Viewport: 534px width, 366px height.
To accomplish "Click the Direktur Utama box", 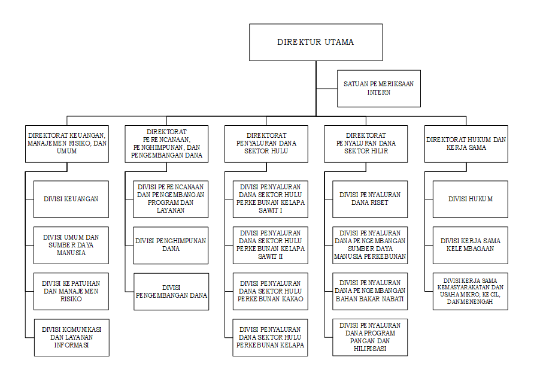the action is tap(315, 43).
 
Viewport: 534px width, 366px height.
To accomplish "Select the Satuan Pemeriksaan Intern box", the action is tap(379, 89).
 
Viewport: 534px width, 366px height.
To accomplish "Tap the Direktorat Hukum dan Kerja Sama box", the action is tap(466, 144).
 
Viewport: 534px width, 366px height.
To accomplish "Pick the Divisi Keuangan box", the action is tap(71, 199).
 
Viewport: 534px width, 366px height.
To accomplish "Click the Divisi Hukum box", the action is tap(471, 199).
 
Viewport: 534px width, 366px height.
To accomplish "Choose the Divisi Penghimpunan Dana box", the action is tap(171, 246).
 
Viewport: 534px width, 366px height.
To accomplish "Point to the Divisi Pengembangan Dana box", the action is tap(171, 292).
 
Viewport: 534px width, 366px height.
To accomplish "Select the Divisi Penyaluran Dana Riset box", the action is tap(370, 199).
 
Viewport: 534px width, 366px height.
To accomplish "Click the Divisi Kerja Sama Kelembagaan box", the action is tap(471, 246).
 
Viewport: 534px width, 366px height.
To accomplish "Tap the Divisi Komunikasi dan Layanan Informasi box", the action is tap(71, 338).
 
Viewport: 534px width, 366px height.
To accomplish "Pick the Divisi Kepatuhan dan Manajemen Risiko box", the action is tap(71, 291).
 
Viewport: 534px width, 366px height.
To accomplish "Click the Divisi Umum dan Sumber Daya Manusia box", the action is tap(71, 246).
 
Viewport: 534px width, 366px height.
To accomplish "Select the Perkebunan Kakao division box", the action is tap(271, 291).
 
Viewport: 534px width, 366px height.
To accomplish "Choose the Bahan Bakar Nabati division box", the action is tap(370, 291).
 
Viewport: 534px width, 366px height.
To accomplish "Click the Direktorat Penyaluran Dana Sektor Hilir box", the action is tap(366, 144).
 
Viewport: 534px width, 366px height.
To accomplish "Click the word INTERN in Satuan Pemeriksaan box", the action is tap(379, 92).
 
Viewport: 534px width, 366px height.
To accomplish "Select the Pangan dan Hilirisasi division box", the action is tap(370, 337).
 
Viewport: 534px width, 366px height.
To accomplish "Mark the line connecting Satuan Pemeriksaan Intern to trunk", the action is tap(327, 89).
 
